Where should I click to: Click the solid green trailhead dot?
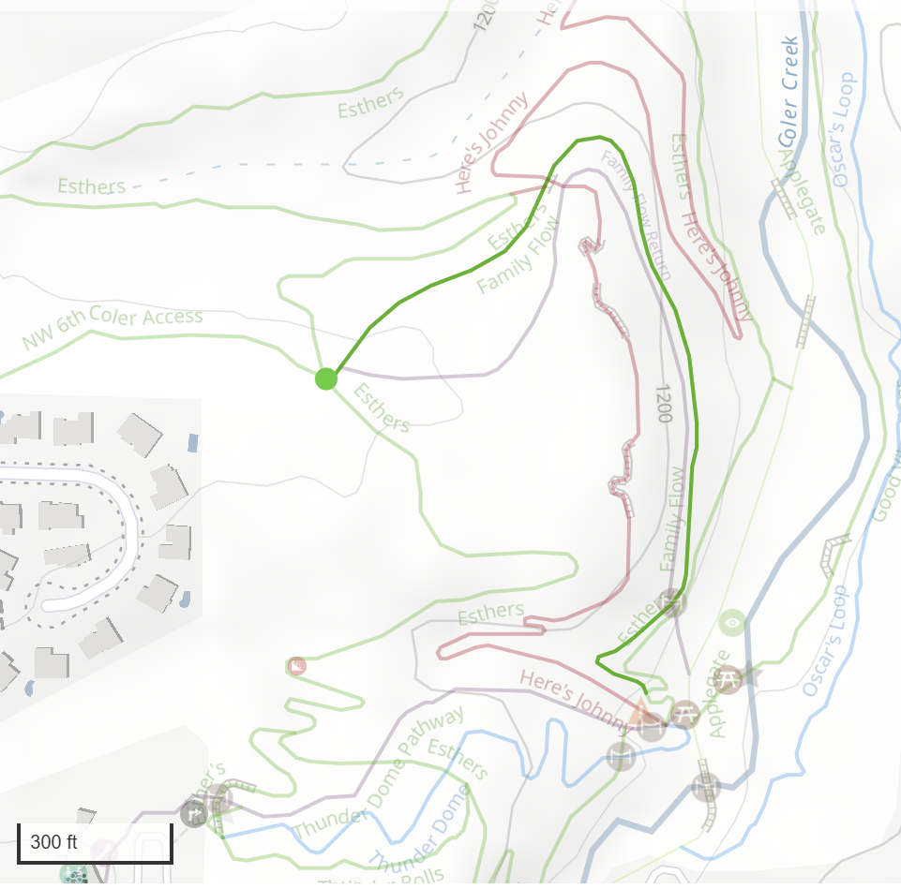tap(325, 378)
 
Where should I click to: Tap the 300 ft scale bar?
tap(95, 842)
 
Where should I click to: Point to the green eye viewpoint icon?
tap(731, 621)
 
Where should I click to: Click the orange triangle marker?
tap(640, 711)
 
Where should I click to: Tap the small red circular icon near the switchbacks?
tap(297, 666)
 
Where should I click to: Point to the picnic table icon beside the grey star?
tap(727, 677)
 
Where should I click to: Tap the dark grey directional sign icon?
tap(194, 813)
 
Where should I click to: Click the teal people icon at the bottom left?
tap(73, 875)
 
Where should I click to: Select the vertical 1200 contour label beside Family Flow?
tap(665, 402)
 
